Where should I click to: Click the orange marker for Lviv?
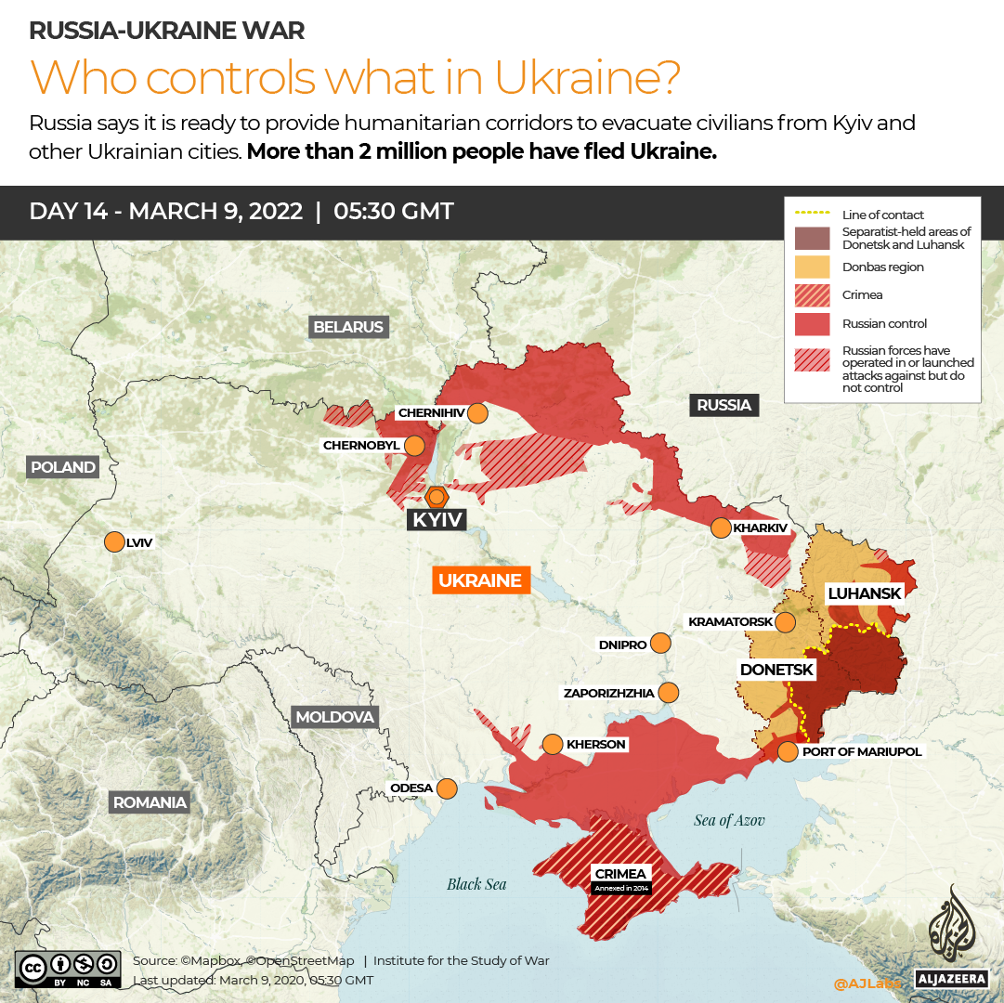point(114,542)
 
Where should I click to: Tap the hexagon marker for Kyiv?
point(436,496)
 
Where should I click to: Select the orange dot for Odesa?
point(447,788)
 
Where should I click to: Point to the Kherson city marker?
point(553,744)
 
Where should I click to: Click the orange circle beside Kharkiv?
point(721,528)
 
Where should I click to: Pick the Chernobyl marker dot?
point(414,446)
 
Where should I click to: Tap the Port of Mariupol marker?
point(788,751)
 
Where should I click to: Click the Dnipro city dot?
point(660,644)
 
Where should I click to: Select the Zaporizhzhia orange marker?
point(668,693)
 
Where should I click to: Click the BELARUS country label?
point(348,327)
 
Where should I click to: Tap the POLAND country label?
point(63,467)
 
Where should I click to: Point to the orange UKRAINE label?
point(480,580)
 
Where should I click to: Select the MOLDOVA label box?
point(334,717)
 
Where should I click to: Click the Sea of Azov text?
point(729,820)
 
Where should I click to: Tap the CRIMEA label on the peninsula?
point(621,874)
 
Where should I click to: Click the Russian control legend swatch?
point(813,323)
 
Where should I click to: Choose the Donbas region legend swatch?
point(813,267)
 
